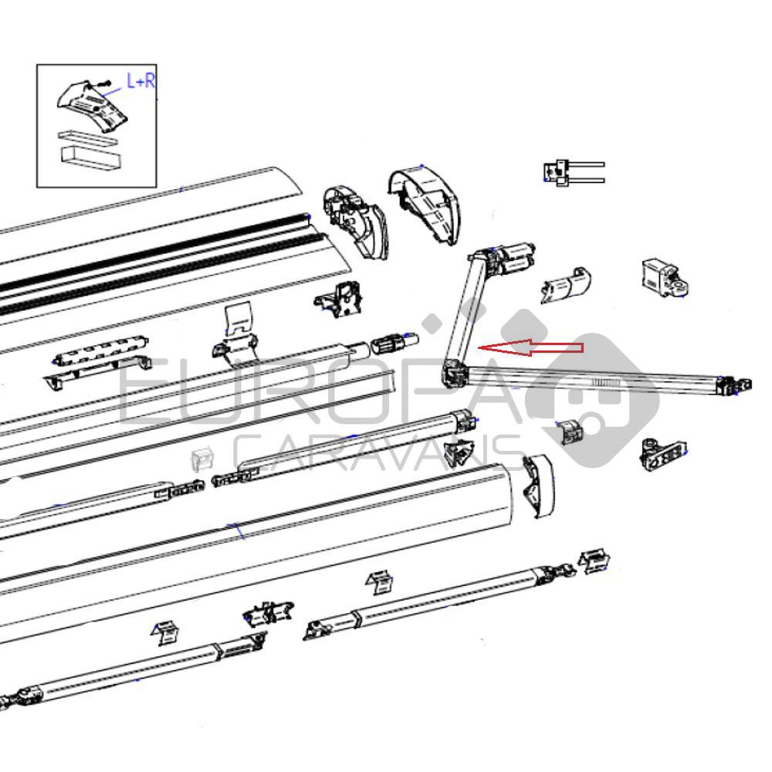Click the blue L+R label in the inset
coord(141,81)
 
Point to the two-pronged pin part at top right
coord(573,172)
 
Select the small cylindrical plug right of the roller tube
coord(395,342)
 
